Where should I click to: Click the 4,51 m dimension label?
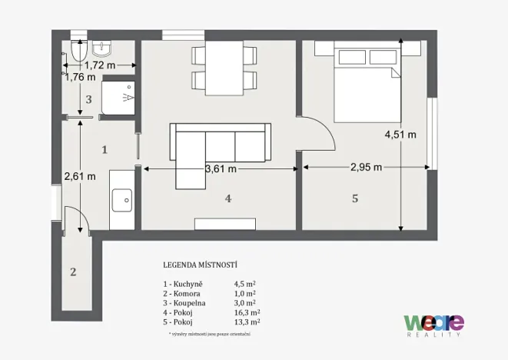pos(401,134)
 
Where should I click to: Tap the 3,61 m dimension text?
pos(220,168)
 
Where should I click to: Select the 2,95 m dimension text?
pos(366,168)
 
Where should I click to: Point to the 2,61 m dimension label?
pos(80,175)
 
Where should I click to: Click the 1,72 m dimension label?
pos(100,65)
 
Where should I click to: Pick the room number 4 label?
pos(227,198)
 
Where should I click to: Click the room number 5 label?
pos(354,198)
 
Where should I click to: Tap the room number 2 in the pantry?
pos(73,272)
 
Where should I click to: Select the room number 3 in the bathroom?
pos(88,99)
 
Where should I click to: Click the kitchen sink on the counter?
pos(122,202)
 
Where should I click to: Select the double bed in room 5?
pos(366,78)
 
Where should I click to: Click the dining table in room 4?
pos(221,66)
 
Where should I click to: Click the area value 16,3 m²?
pos(247,312)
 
